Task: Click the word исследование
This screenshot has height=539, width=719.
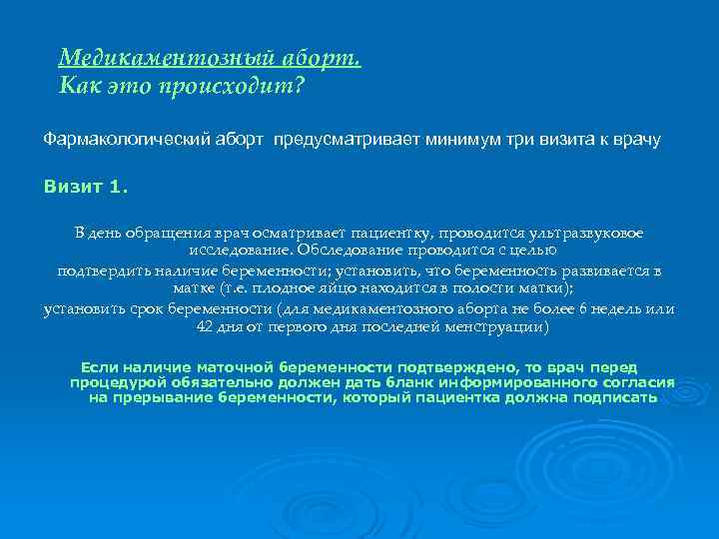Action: pos(241,251)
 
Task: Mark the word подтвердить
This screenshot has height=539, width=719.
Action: pos(105,270)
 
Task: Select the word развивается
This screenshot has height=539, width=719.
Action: pos(597,270)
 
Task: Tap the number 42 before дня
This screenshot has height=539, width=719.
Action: pos(205,327)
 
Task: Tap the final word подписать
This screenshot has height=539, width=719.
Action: pos(615,397)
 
